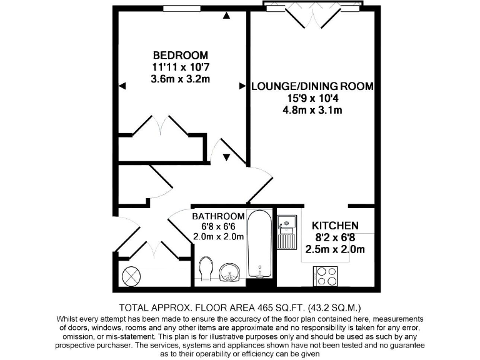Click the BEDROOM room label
[x=181, y=55]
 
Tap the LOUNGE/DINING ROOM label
[x=312, y=86]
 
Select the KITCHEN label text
[x=334, y=226]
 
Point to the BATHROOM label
[x=218, y=216]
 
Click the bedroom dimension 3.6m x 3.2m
[x=181, y=79]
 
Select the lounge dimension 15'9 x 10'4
[x=312, y=99]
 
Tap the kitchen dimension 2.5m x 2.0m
[x=334, y=250]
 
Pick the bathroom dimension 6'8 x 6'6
[x=218, y=226]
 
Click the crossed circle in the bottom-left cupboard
[x=131, y=276]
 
